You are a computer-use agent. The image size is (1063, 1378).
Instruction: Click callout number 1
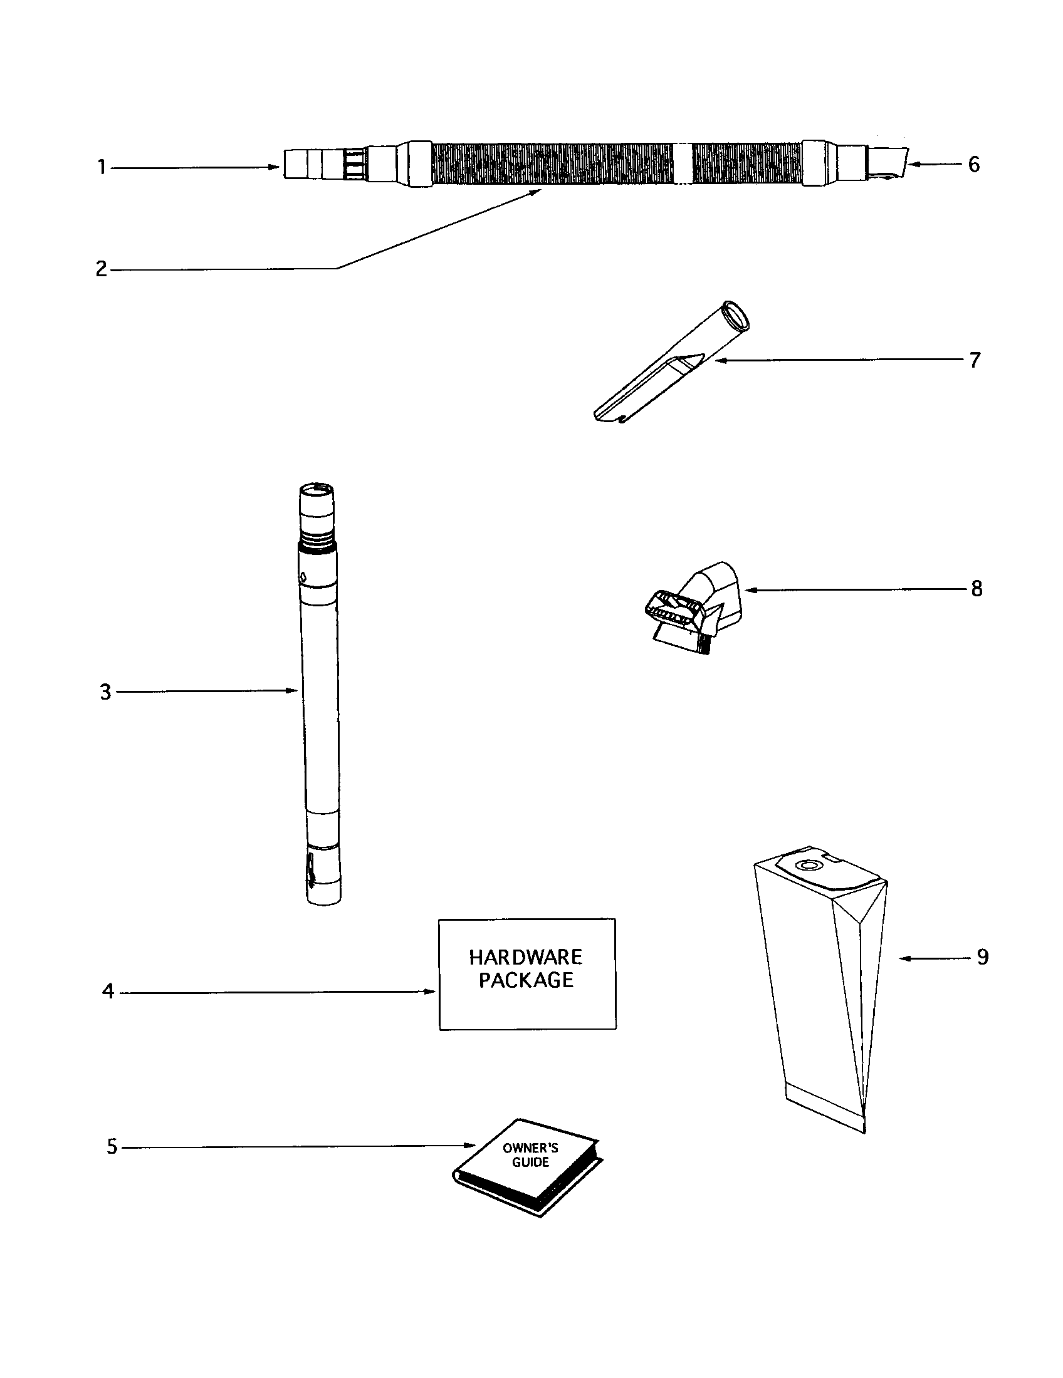pos(101,168)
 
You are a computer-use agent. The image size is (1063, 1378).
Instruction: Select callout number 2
pos(101,269)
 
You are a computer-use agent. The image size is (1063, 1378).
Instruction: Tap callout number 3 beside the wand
pos(105,692)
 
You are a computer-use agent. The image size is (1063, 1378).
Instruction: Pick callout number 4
pos(108,992)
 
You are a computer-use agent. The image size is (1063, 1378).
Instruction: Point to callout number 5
pos(112,1146)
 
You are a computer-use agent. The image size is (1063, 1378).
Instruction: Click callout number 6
pos(973,165)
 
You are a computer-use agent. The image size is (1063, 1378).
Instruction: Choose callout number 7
pos(975,360)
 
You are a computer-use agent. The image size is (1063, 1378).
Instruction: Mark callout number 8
pos(977,589)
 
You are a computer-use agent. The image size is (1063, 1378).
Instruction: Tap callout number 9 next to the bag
pos(982,957)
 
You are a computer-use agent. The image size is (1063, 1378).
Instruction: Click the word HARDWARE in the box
pos(526,957)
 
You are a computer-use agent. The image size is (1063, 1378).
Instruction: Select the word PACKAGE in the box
pos(526,980)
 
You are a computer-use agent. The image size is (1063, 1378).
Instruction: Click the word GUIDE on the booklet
pos(530,1162)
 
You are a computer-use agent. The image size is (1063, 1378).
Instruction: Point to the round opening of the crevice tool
pos(736,315)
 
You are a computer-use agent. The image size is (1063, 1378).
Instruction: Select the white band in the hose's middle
pos(683,164)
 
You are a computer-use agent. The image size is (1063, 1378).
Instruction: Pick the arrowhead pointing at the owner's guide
pos(469,1145)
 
